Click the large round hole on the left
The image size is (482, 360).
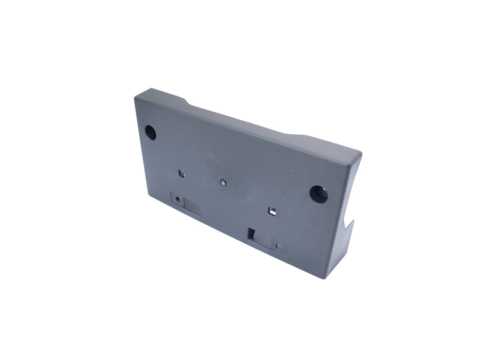click(x=151, y=132)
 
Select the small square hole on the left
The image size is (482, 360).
click(x=181, y=173)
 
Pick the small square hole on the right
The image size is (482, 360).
click(x=272, y=210)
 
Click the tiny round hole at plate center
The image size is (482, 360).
click(x=223, y=182)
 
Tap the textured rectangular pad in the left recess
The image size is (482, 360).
click(x=192, y=206)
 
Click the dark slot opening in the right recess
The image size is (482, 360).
click(x=252, y=235)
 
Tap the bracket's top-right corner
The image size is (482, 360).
click(x=361, y=151)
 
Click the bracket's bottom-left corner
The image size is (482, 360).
click(x=150, y=195)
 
